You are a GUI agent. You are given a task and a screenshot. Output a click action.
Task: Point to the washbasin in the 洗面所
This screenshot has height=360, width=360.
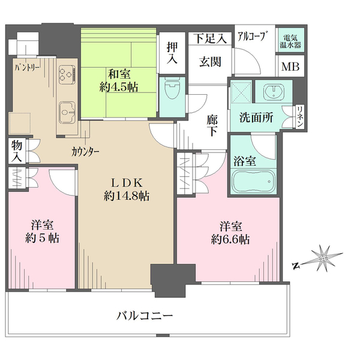[274, 92]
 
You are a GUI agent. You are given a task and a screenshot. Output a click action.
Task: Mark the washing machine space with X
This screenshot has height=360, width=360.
[242, 93]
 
